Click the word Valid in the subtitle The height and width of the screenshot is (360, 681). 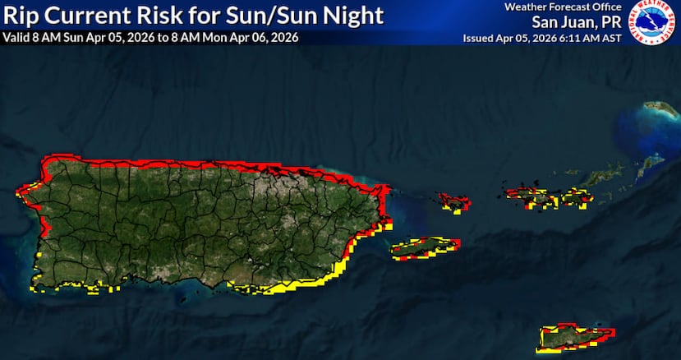pos(16,38)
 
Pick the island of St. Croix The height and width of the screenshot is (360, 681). pos(574,335)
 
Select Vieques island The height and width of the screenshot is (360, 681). pos(423,247)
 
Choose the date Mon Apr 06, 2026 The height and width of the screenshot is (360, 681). pos(254,38)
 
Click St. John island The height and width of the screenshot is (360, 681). pos(573,196)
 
